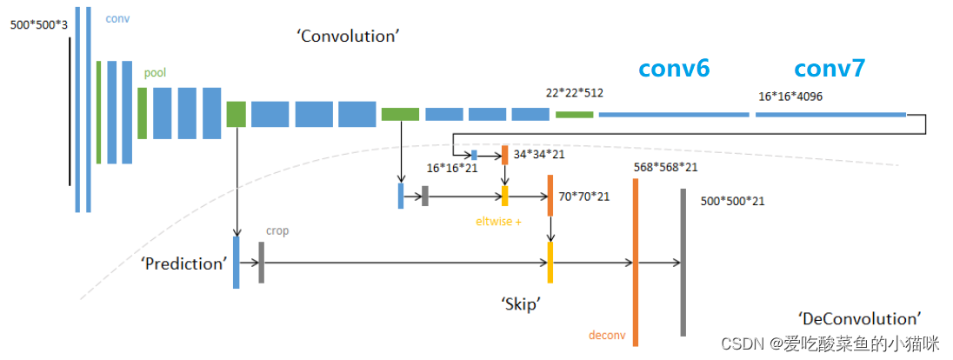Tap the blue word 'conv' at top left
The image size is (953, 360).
pyautogui.click(x=117, y=18)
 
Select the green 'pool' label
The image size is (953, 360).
pyautogui.click(x=156, y=74)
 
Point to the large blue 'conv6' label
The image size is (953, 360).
pyautogui.click(x=674, y=70)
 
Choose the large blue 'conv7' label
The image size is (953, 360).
pyautogui.click(x=830, y=70)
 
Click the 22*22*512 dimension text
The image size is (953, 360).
pyautogui.click(x=575, y=93)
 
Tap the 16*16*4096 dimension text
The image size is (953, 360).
pyautogui.click(x=790, y=97)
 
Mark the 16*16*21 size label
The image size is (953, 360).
pyautogui.click(x=452, y=168)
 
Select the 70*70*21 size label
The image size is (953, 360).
pyautogui.click(x=584, y=197)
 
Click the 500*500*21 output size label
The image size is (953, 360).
pyautogui.click(x=732, y=201)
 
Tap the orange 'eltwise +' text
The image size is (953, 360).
pyautogui.click(x=498, y=222)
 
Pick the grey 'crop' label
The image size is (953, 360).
pyautogui.click(x=277, y=231)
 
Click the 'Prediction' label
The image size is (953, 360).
pyautogui.click(x=183, y=263)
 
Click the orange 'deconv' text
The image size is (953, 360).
pyautogui.click(x=607, y=335)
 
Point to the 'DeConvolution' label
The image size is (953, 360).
pyautogui.click(x=858, y=318)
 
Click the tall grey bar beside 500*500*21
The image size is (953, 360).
pyautogui.click(x=683, y=261)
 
